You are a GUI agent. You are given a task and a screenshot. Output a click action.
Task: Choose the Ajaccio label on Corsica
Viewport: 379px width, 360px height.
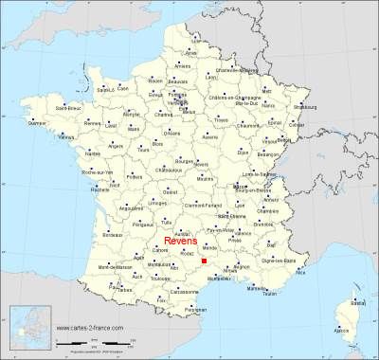click(x=342, y=330)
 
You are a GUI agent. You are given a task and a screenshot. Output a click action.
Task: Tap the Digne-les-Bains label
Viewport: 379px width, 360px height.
click(x=299, y=259)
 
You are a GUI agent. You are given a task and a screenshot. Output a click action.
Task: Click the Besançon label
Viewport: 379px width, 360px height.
click(x=301, y=153)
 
